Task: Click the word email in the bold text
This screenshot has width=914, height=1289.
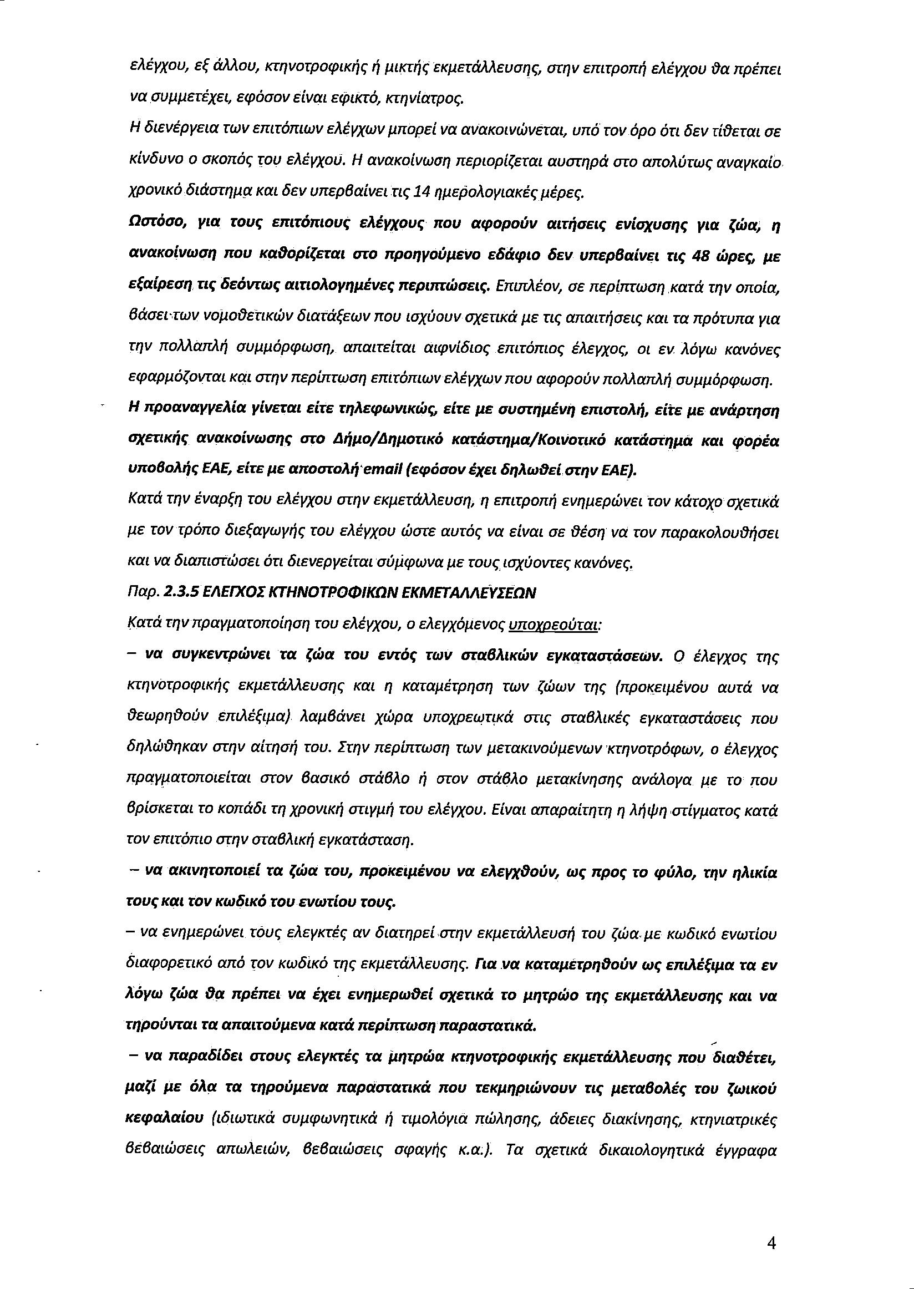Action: point(379,470)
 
